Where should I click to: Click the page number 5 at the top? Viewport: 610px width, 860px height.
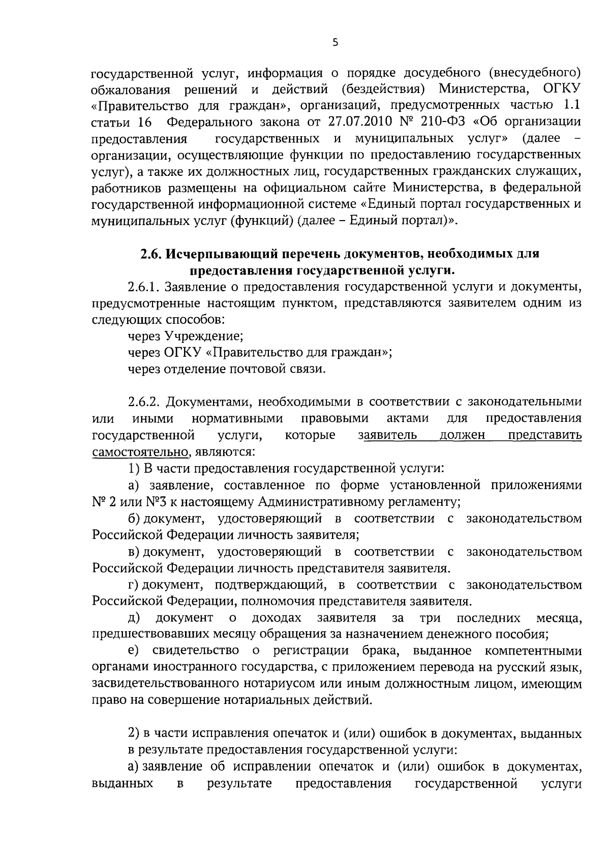tap(334, 43)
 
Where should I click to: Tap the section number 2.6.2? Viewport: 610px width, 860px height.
tap(144, 402)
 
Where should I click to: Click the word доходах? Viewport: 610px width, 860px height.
tap(277, 618)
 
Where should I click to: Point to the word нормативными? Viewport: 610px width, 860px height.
tap(237, 418)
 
